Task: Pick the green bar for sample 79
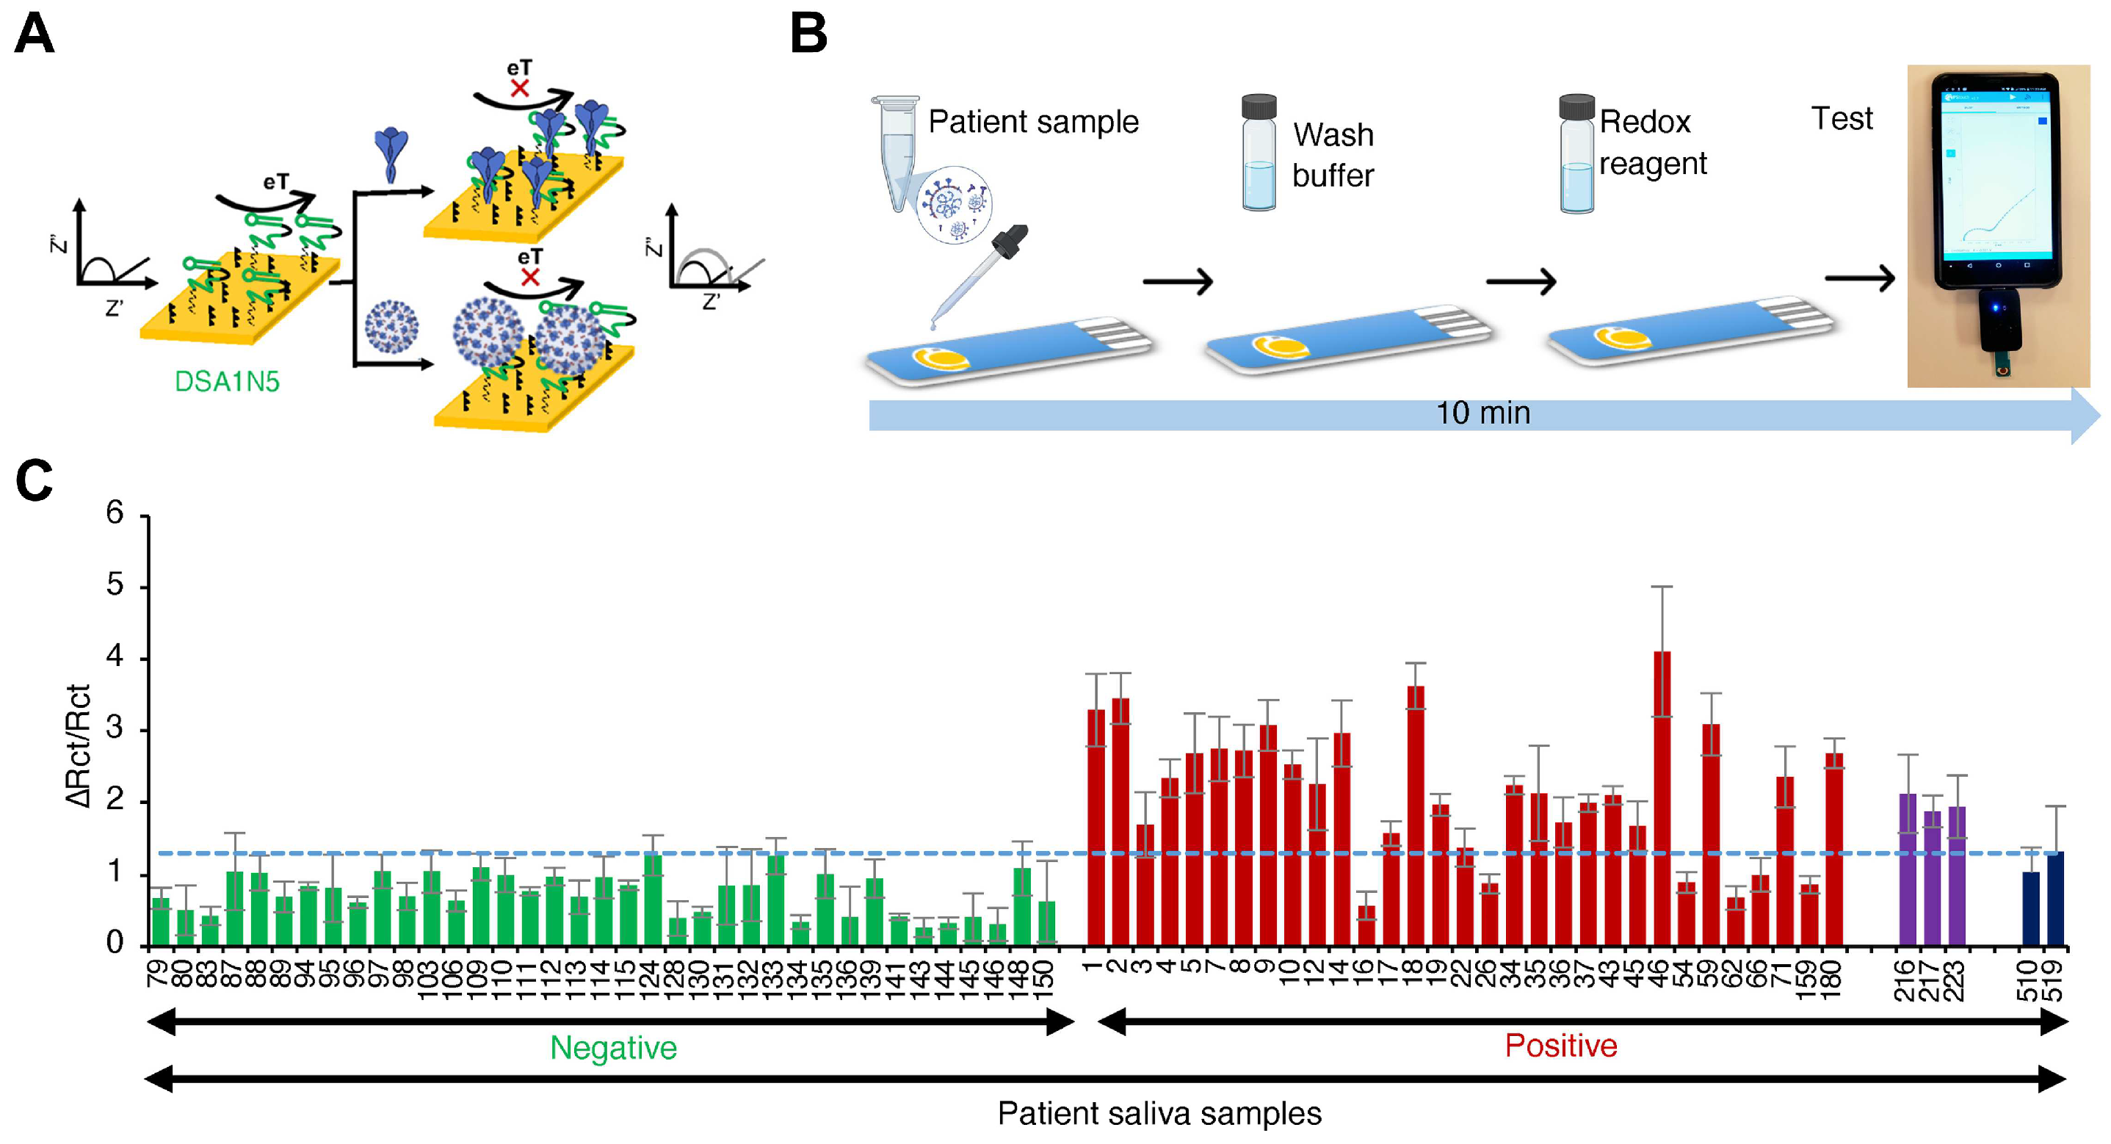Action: point(161,922)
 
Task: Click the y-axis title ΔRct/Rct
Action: point(79,746)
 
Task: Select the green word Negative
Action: point(613,1047)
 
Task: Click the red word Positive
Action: point(1560,1045)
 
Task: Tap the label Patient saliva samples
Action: point(1159,1113)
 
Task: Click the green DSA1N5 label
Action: point(227,381)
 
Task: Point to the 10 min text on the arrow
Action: point(1482,413)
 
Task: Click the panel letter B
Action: point(808,35)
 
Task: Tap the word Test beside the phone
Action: point(1842,119)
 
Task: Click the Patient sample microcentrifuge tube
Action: point(897,148)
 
